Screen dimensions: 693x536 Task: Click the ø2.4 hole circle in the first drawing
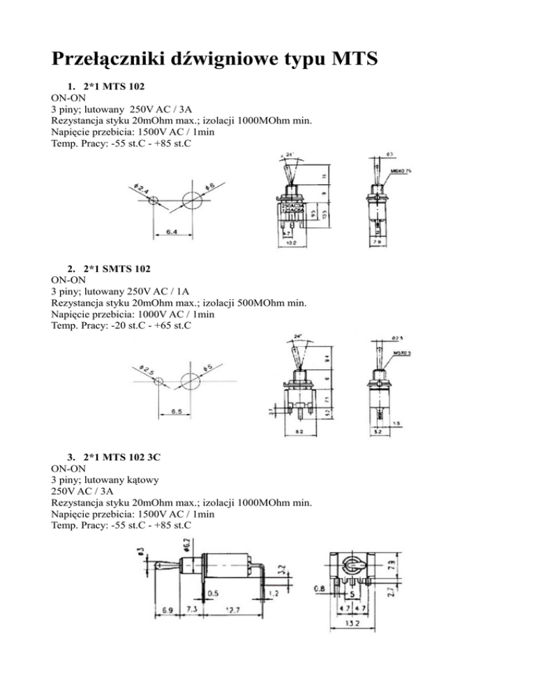click(x=154, y=200)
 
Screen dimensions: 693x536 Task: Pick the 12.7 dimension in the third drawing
click(x=232, y=610)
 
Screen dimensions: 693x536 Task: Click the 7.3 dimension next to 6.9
click(x=192, y=610)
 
